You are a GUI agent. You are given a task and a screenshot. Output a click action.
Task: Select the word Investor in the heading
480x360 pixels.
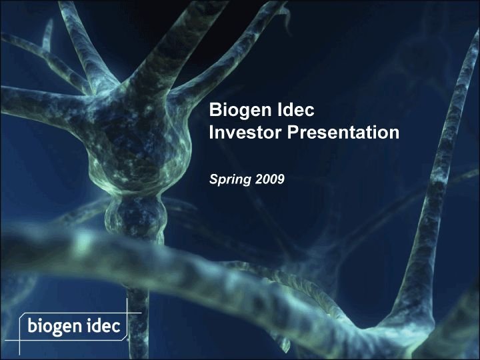pos(245,133)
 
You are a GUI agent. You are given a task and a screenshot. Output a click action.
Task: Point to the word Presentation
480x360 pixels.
pos(343,133)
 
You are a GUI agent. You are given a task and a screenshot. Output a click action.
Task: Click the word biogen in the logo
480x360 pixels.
pos(55,326)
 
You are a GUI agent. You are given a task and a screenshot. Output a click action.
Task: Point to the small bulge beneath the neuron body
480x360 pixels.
pos(136,214)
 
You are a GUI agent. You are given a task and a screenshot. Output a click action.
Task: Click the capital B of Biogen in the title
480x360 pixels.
pos(215,109)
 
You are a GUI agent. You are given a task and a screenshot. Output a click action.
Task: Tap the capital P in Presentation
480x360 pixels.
pos(293,133)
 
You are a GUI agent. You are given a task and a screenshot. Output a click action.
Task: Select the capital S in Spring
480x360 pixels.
pos(214,179)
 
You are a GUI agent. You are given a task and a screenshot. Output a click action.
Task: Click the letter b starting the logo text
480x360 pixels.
pos(31,325)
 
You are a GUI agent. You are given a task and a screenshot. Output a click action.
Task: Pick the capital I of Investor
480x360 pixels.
pos(211,133)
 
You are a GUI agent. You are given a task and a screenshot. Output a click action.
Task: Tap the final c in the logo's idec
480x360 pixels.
pos(117,327)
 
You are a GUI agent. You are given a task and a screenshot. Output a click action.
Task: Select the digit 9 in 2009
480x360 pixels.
pos(281,179)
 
